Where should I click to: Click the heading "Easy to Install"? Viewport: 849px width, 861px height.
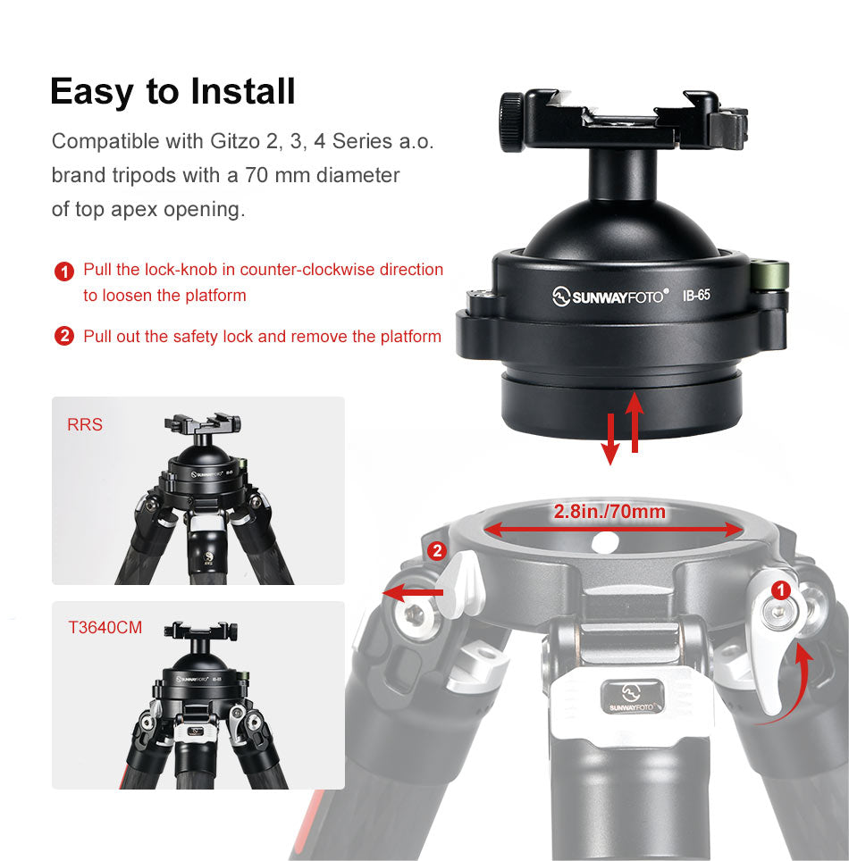tap(173, 92)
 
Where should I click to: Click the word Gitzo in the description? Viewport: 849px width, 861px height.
tap(235, 142)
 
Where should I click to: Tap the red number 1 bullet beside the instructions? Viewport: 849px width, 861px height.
tap(64, 272)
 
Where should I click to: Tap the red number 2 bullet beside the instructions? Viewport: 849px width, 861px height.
tap(64, 336)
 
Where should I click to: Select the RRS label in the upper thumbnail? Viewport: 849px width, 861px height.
tap(85, 424)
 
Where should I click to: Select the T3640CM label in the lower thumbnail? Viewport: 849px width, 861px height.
tap(105, 628)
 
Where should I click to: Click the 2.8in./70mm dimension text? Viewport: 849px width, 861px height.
tap(609, 512)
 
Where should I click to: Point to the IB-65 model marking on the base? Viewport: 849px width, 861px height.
tap(696, 296)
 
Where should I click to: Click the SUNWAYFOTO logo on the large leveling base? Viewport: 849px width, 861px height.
tap(610, 297)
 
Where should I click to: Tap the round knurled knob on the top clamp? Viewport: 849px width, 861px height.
tap(511, 121)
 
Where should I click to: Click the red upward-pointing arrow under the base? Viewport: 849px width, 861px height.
tap(635, 422)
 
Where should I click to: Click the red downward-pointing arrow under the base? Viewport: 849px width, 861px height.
tap(610, 439)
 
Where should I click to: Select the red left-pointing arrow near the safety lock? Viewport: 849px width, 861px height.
tap(413, 592)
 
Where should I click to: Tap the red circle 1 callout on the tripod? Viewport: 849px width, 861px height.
tap(781, 591)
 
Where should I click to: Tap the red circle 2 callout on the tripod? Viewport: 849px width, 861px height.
tap(437, 551)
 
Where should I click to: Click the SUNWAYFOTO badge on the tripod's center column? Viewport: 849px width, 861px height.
tap(632, 698)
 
